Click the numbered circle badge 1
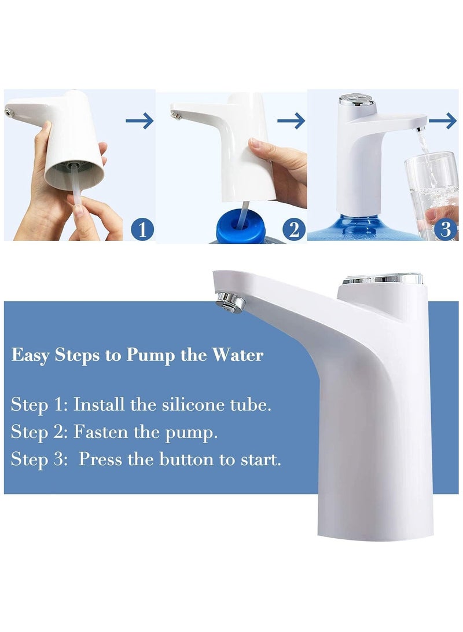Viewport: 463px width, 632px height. click(143, 230)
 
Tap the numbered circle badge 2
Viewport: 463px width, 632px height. click(294, 230)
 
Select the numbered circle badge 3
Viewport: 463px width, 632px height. click(445, 230)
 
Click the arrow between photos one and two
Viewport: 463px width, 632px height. click(139, 121)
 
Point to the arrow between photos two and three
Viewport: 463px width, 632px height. click(291, 121)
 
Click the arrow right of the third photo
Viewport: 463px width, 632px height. click(443, 121)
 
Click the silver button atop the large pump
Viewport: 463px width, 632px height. click(382, 279)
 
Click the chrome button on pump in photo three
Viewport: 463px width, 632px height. click(354, 100)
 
